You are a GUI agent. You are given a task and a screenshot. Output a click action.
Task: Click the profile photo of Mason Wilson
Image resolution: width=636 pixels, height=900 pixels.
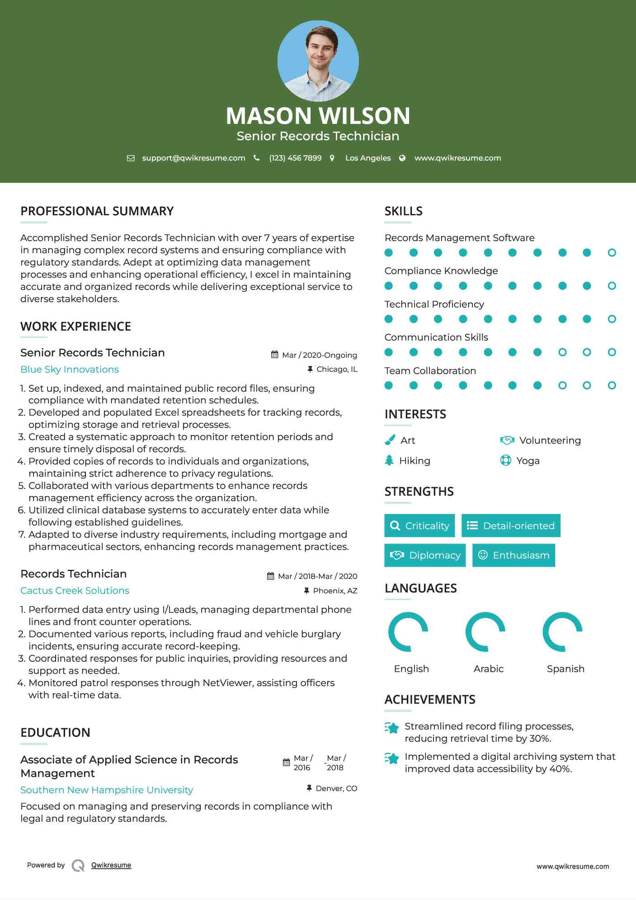coord(318,61)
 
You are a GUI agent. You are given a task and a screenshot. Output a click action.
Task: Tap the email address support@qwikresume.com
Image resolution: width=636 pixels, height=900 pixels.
coord(193,158)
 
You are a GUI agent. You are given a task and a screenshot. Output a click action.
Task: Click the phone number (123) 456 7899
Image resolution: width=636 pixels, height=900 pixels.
coord(295,158)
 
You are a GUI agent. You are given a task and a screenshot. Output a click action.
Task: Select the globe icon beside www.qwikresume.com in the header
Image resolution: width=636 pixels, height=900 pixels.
coord(402,158)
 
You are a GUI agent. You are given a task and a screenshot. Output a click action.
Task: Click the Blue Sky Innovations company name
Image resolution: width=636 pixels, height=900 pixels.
coord(70,369)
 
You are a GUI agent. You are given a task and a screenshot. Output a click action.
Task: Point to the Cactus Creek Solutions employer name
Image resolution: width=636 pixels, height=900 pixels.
coord(75,591)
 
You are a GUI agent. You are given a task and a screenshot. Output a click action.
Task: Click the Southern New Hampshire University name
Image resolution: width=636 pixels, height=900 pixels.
coord(107,790)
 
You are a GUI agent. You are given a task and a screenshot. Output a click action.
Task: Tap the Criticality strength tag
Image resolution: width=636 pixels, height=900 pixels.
coord(419,526)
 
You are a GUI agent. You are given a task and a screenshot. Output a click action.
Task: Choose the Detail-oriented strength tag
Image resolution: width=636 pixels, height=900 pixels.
coord(511,526)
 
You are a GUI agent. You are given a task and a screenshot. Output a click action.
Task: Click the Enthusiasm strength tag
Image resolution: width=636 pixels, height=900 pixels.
coord(514,555)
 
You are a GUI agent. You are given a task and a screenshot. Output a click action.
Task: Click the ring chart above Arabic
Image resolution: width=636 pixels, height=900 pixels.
coord(485,632)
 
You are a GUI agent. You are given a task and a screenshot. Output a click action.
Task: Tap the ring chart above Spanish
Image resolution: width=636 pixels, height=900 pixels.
coord(562,632)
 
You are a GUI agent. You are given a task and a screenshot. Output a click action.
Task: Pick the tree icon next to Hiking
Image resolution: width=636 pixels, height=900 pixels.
coord(389,460)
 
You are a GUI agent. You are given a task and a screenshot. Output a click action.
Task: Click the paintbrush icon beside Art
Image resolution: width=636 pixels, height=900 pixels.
coord(390,440)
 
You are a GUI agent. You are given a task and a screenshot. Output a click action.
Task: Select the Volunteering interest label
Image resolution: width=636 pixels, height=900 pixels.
coord(550,441)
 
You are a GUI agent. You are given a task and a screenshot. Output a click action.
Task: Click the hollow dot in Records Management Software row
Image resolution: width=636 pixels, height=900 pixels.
coord(612,253)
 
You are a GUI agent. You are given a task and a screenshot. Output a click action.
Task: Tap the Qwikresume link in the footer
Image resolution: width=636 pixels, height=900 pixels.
coord(111,865)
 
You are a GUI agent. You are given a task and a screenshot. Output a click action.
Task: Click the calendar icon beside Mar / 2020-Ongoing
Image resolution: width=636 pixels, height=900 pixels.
coord(274,355)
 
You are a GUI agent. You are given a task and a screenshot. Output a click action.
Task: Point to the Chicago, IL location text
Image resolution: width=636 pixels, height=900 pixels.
coord(337,369)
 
